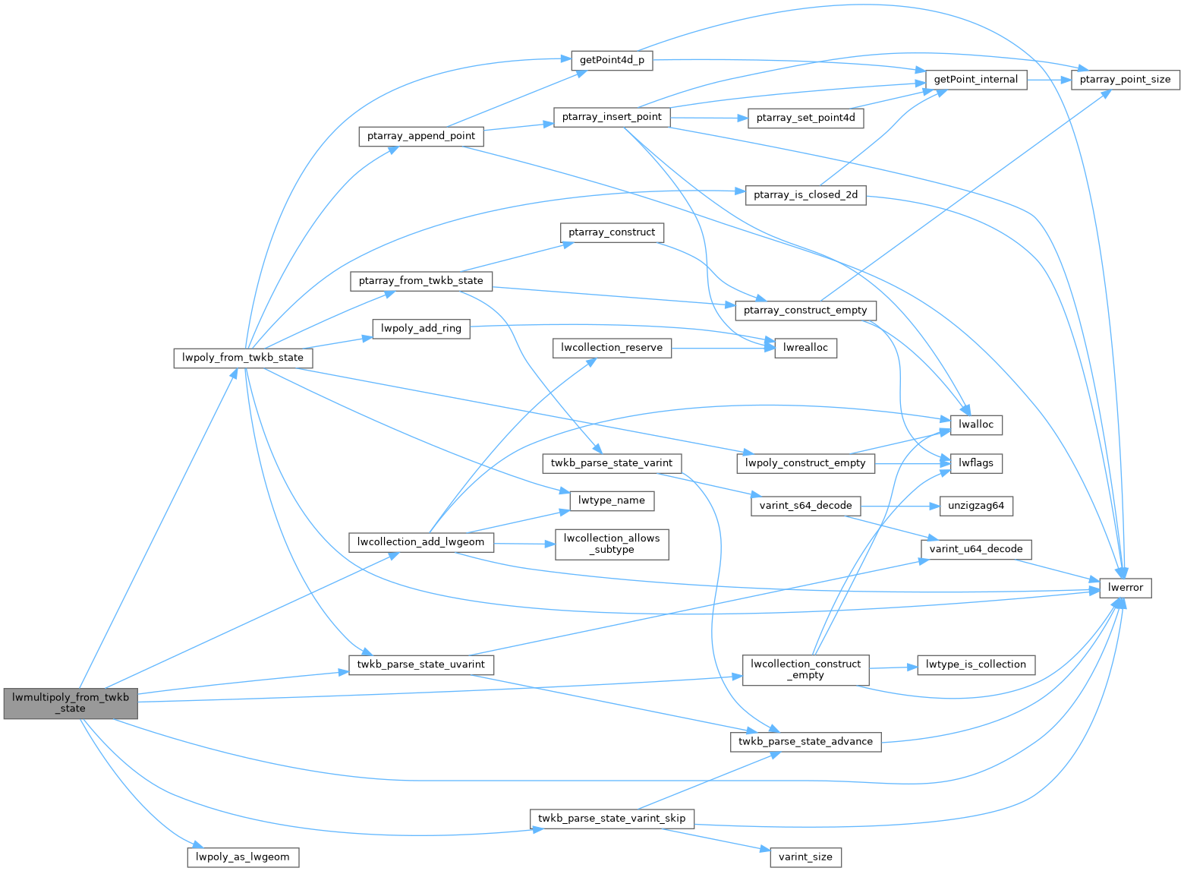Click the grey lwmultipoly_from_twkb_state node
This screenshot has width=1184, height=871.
click(71, 702)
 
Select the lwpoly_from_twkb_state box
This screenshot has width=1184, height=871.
click(243, 358)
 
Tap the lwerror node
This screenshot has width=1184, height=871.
click(1126, 588)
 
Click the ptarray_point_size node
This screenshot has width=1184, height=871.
click(1125, 80)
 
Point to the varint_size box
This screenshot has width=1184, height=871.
click(805, 857)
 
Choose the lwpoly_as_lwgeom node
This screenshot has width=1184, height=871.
click(243, 857)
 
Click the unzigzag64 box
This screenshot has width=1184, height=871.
click(976, 506)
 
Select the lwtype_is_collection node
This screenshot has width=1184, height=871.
click(976, 664)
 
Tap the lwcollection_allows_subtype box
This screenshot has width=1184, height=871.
click(612, 544)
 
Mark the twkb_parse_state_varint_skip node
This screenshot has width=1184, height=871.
click(612, 819)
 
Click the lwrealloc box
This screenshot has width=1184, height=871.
click(805, 348)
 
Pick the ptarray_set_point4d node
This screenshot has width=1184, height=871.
click(805, 118)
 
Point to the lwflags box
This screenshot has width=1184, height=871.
click(976, 462)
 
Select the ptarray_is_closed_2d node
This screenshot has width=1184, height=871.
click(805, 195)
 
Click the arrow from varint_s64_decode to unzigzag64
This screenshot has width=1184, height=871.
click(899, 506)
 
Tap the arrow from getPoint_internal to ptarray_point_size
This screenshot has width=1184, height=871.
click(1048, 80)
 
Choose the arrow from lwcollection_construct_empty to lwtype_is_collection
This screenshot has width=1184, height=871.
click(893, 667)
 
